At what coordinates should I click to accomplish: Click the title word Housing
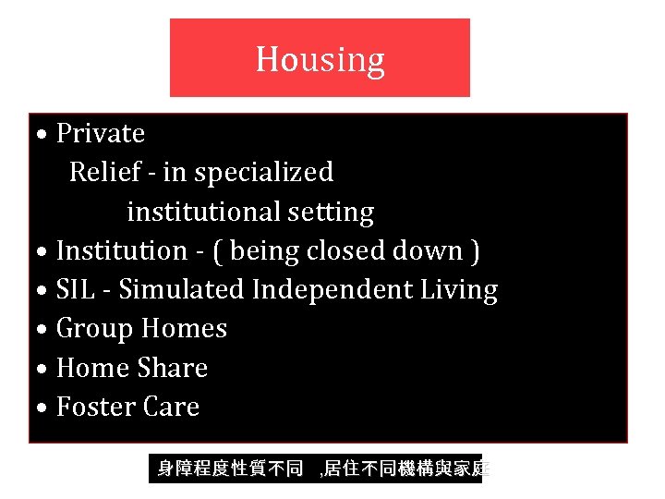pyautogui.click(x=320, y=59)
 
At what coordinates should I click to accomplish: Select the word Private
pyautogui.click(x=101, y=134)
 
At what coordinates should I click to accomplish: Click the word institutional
pyautogui.click(x=204, y=213)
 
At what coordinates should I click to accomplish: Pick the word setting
pyautogui.click(x=331, y=213)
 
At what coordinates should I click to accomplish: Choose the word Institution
pyautogui.click(x=122, y=251)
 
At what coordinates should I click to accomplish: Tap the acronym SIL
pyautogui.click(x=74, y=290)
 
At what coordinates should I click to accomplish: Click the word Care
pyautogui.click(x=171, y=408)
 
